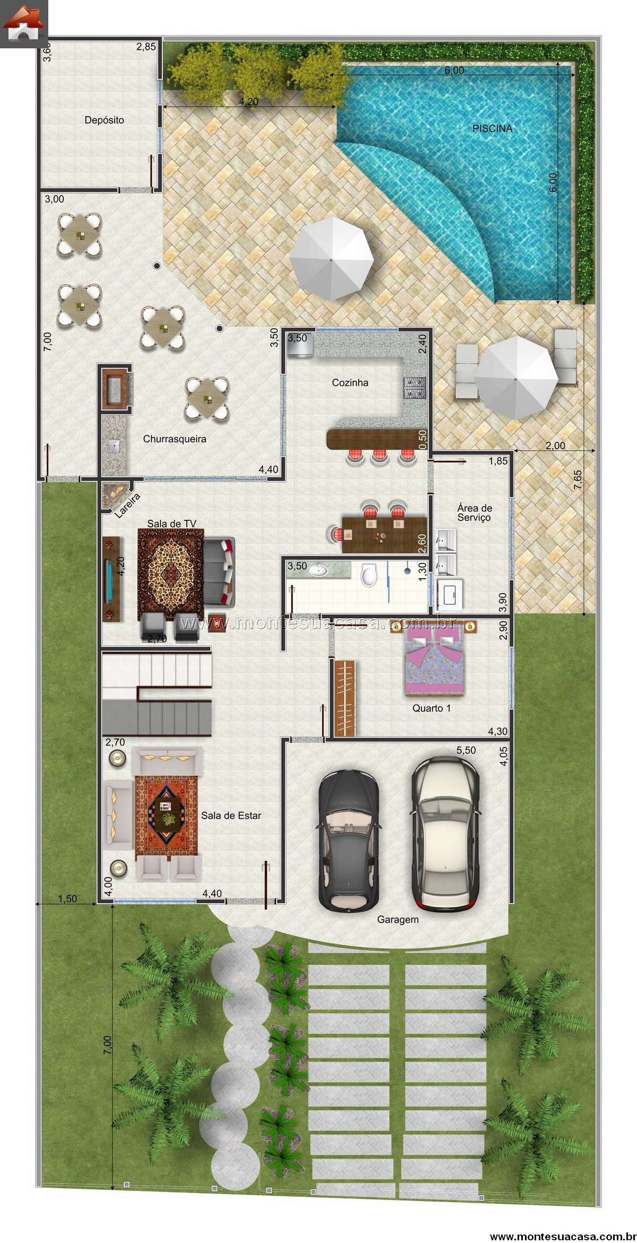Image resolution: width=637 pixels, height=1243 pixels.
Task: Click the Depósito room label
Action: (x=104, y=121)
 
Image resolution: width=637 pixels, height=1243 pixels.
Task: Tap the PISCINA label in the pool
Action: (x=493, y=128)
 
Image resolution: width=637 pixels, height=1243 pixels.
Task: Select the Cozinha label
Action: (x=350, y=382)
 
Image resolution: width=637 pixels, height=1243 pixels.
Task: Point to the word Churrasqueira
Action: (x=175, y=439)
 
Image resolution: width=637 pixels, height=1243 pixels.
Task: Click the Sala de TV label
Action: (x=171, y=524)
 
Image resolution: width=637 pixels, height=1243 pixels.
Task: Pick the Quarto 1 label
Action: (x=432, y=708)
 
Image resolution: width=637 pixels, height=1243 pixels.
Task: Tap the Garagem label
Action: (x=398, y=919)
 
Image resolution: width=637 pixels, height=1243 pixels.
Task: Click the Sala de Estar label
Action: (x=231, y=815)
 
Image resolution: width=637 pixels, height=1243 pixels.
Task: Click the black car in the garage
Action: (x=348, y=841)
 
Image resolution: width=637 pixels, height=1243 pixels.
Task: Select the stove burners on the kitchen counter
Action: (x=415, y=388)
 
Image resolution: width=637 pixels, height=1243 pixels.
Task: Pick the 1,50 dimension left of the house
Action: (x=67, y=899)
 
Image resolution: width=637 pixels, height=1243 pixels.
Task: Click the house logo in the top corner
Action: (x=23, y=24)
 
